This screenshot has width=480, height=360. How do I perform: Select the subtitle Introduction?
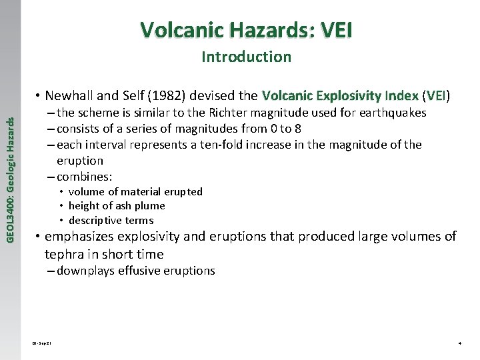click(x=246, y=57)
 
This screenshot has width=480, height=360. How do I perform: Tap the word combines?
click(x=84, y=177)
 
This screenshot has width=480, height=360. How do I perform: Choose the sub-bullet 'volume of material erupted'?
click(x=135, y=192)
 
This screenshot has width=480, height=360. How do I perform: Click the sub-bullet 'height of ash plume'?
click(x=117, y=206)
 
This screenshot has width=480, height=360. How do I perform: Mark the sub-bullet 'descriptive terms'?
click(x=111, y=221)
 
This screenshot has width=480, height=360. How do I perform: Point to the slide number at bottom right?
click(x=459, y=343)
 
